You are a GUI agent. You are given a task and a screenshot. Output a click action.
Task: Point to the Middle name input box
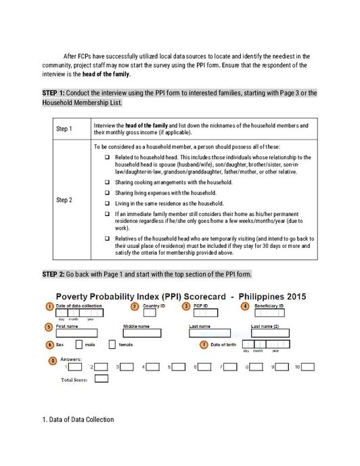click(142, 333)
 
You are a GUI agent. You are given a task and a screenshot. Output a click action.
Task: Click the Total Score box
click(102, 379)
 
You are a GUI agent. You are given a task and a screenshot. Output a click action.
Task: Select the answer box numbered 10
click(308, 366)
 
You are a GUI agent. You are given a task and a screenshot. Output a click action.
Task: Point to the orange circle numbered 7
click(204, 344)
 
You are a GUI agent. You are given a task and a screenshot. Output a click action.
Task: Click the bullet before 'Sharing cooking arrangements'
click(107, 182)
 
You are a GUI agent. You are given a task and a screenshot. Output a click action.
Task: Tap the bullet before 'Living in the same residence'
click(107, 203)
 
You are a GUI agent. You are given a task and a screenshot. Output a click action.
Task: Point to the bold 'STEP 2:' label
click(55, 274)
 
